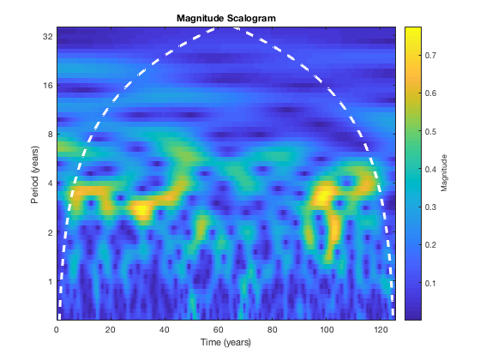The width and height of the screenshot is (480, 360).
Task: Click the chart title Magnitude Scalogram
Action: coord(226,18)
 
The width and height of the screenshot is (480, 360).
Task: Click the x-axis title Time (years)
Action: coord(226,342)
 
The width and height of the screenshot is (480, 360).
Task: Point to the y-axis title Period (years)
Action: coord(35,175)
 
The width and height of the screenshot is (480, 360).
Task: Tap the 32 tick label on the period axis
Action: coord(48,36)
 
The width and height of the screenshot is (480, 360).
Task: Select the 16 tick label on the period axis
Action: coord(48,86)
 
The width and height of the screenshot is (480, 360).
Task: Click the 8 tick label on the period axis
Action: coord(51,135)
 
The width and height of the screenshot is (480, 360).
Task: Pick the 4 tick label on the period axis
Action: coord(51,183)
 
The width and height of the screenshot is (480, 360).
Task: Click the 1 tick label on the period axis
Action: coord(51,281)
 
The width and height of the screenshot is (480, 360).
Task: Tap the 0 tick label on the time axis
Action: coord(57,330)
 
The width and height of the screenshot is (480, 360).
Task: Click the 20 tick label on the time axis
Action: coord(111,330)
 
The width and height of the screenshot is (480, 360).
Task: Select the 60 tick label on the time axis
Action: coord(219,330)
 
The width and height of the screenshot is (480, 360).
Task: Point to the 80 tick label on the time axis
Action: coord(273,330)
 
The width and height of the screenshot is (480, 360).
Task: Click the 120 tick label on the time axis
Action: coord(380,330)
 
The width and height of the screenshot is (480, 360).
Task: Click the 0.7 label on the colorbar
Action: coord(430,56)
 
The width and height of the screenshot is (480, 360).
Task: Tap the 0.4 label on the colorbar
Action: coord(430,170)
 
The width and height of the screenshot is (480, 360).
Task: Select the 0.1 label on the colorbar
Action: coord(430,283)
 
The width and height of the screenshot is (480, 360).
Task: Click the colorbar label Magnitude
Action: coord(444,173)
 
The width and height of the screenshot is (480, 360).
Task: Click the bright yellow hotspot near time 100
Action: coord(322,196)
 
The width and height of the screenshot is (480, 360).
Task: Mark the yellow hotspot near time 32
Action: coord(141,210)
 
